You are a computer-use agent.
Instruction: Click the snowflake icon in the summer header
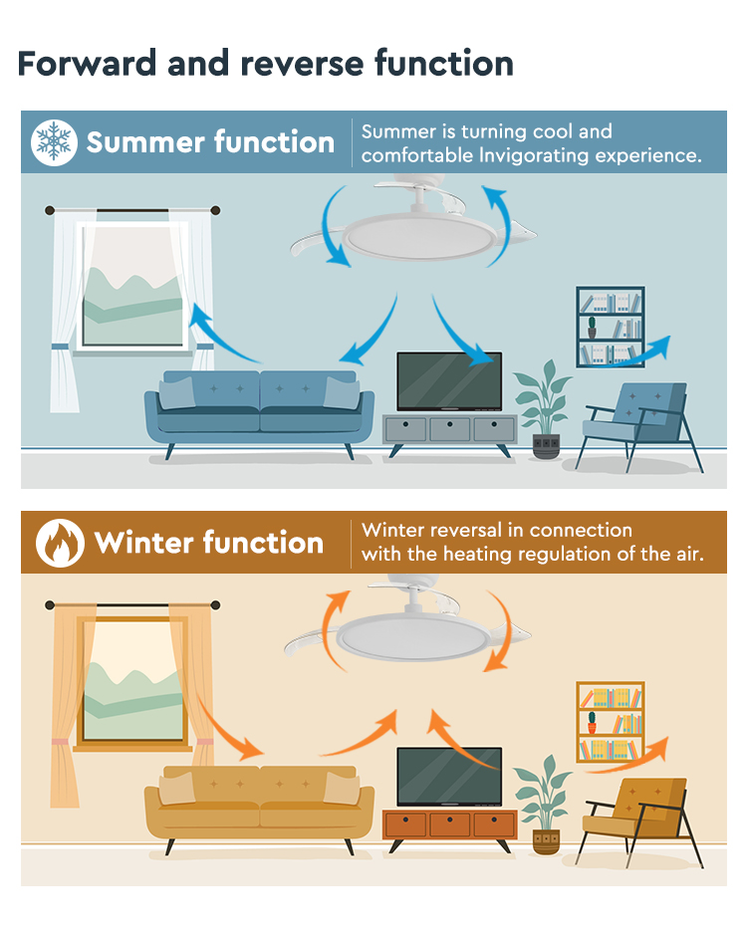tap(54, 142)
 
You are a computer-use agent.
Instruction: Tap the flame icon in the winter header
tap(60, 543)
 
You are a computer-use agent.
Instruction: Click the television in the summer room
tap(449, 381)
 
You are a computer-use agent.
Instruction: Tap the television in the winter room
tap(449, 777)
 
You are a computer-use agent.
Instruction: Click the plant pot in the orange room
tap(546, 842)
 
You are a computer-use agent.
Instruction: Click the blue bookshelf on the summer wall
tap(611, 327)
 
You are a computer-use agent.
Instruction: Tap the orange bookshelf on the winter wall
tap(611, 722)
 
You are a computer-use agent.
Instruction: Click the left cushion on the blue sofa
tap(177, 393)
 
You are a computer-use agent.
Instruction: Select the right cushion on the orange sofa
tap(342, 788)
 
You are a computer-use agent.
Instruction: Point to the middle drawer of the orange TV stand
tap(450, 824)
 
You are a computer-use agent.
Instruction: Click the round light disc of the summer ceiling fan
tap(419, 238)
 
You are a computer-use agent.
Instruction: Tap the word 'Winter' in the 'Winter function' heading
tap(143, 543)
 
